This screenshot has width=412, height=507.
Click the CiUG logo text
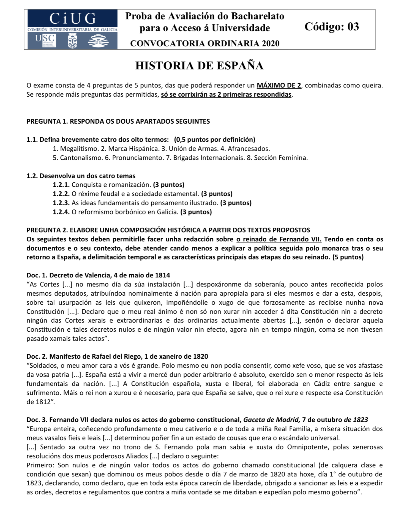point(73,19)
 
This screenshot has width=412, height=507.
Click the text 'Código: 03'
point(332,27)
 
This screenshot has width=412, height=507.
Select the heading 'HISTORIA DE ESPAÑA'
point(200,66)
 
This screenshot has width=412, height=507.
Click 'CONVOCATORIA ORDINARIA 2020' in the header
point(205,43)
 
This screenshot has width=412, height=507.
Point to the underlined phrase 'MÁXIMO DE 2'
point(279,85)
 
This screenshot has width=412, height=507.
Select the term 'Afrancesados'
point(249,149)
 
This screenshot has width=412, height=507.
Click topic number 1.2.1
point(61,185)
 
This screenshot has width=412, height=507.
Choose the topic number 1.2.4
point(61,212)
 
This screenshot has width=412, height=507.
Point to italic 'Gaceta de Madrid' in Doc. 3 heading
point(272,420)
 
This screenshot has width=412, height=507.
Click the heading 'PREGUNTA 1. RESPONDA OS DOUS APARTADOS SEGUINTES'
point(118,121)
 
